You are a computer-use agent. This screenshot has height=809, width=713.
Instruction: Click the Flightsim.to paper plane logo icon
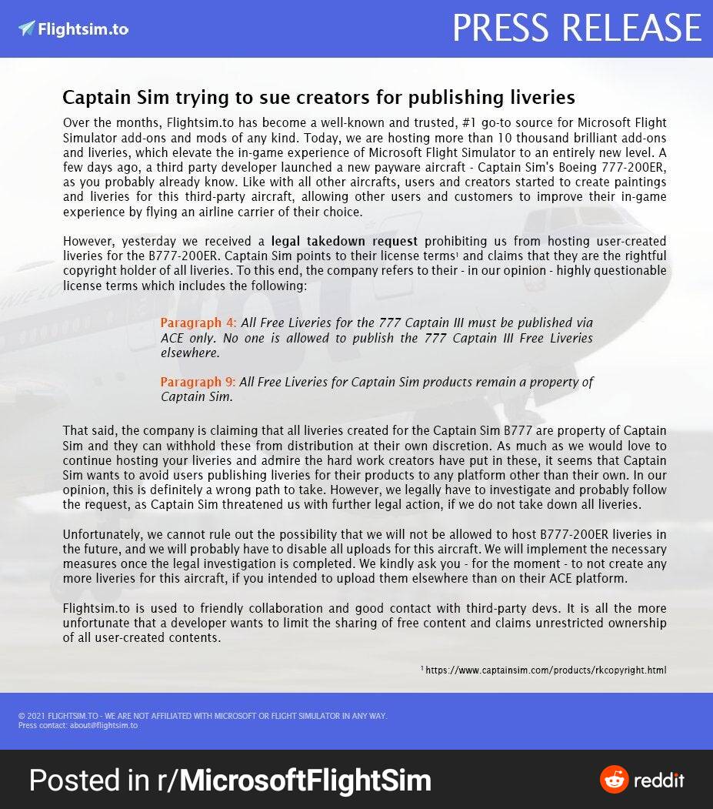[27, 28]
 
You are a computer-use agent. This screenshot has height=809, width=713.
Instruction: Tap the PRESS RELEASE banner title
[576, 28]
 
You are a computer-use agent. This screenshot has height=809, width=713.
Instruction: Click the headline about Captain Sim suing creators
[318, 98]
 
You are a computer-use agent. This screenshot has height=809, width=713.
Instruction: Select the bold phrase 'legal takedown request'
[345, 241]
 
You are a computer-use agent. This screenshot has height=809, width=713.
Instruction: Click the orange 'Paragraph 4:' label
[198, 323]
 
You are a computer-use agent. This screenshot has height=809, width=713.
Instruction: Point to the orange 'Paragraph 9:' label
[198, 382]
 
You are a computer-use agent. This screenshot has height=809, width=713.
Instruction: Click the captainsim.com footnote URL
[545, 670]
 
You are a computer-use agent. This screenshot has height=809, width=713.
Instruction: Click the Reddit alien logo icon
[614, 780]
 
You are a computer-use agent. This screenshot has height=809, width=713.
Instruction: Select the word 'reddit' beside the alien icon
[659, 780]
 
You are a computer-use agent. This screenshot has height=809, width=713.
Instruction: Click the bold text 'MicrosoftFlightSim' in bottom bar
[305, 781]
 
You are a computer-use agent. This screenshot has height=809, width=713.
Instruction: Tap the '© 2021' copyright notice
[32, 716]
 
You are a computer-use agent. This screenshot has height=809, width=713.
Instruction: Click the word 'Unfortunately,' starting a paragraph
[100, 535]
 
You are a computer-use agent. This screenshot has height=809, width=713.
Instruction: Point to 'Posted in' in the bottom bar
[88, 781]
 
